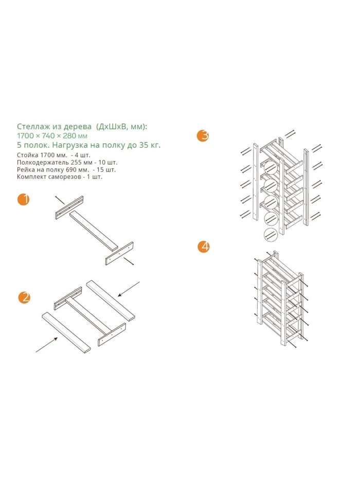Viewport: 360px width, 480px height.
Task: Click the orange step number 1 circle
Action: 24,199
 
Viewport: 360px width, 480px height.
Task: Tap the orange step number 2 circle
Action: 24,297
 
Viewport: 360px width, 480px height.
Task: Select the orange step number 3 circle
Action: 203,136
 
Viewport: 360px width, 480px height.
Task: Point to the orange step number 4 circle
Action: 203,246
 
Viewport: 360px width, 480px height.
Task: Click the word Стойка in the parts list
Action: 28,155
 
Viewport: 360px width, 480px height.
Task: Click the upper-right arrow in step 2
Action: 129,289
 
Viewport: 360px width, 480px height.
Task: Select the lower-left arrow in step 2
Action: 47,345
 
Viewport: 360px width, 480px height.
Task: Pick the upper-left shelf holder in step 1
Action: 69,207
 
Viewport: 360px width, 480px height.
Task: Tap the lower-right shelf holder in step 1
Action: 119,254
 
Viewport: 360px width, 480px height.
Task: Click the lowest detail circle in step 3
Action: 271,235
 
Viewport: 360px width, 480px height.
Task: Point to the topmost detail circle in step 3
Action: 271,168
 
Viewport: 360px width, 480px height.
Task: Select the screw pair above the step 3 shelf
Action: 290,134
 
